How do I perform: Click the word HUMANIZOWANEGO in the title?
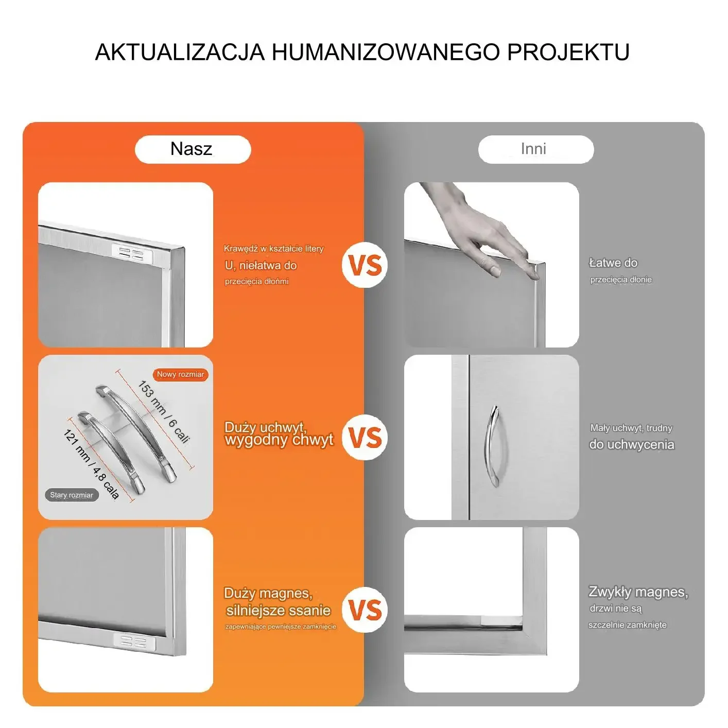click(x=386, y=52)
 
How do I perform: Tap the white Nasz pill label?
click(x=193, y=149)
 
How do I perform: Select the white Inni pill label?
click(x=536, y=149)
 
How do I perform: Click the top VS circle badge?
click(x=365, y=265)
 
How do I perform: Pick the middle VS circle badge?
click(x=365, y=437)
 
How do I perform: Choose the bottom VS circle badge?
click(x=365, y=610)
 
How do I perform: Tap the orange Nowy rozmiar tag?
click(x=180, y=374)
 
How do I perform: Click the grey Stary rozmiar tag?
click(x=72, y=495)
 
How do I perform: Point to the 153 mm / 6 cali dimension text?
click(x=163, y=412)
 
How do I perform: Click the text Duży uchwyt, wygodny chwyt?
click(x=279, y=434)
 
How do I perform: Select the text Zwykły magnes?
click(x=638, y=592)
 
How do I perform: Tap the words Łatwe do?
click(x=613, y=263)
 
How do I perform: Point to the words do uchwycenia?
click(x=631, y=445)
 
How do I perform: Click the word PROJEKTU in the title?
click(x=568, y=52)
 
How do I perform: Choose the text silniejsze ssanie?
click(x=279, y=610)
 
